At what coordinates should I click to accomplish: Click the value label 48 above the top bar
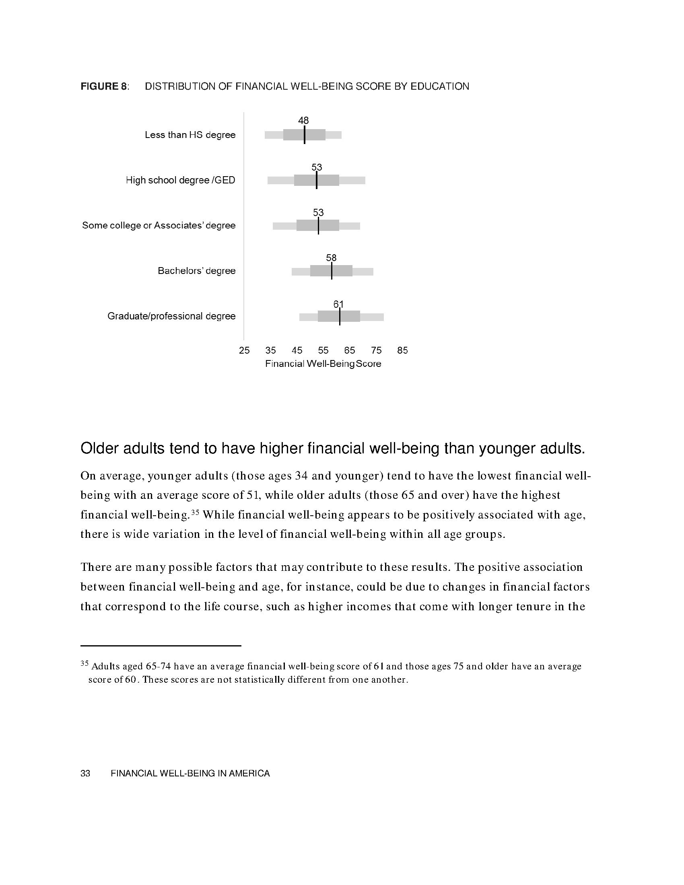click(303, 120)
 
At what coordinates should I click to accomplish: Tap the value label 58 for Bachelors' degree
click(331, 258)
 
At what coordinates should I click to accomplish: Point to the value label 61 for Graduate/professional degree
click(338, 304)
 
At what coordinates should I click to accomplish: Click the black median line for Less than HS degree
click(304, 135)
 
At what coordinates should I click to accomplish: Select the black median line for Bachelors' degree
click(332, 271)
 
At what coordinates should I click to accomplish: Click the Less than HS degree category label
click(190, 135)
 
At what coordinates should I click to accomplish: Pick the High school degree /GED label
click(180, 180)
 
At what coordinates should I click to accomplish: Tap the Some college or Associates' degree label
click(159, 225)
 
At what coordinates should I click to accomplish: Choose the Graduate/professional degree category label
click(171, 316)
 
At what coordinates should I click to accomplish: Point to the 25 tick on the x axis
click(244, 350)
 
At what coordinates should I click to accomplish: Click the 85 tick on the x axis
click(402, 350)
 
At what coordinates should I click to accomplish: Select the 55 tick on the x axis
click(323, 350)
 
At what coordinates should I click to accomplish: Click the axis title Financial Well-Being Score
click(323, 364)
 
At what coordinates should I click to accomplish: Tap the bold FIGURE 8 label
click(104, 86)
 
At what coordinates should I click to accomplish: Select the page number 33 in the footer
click(85, 773)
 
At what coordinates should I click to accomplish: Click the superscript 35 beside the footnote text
click(84, 663)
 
